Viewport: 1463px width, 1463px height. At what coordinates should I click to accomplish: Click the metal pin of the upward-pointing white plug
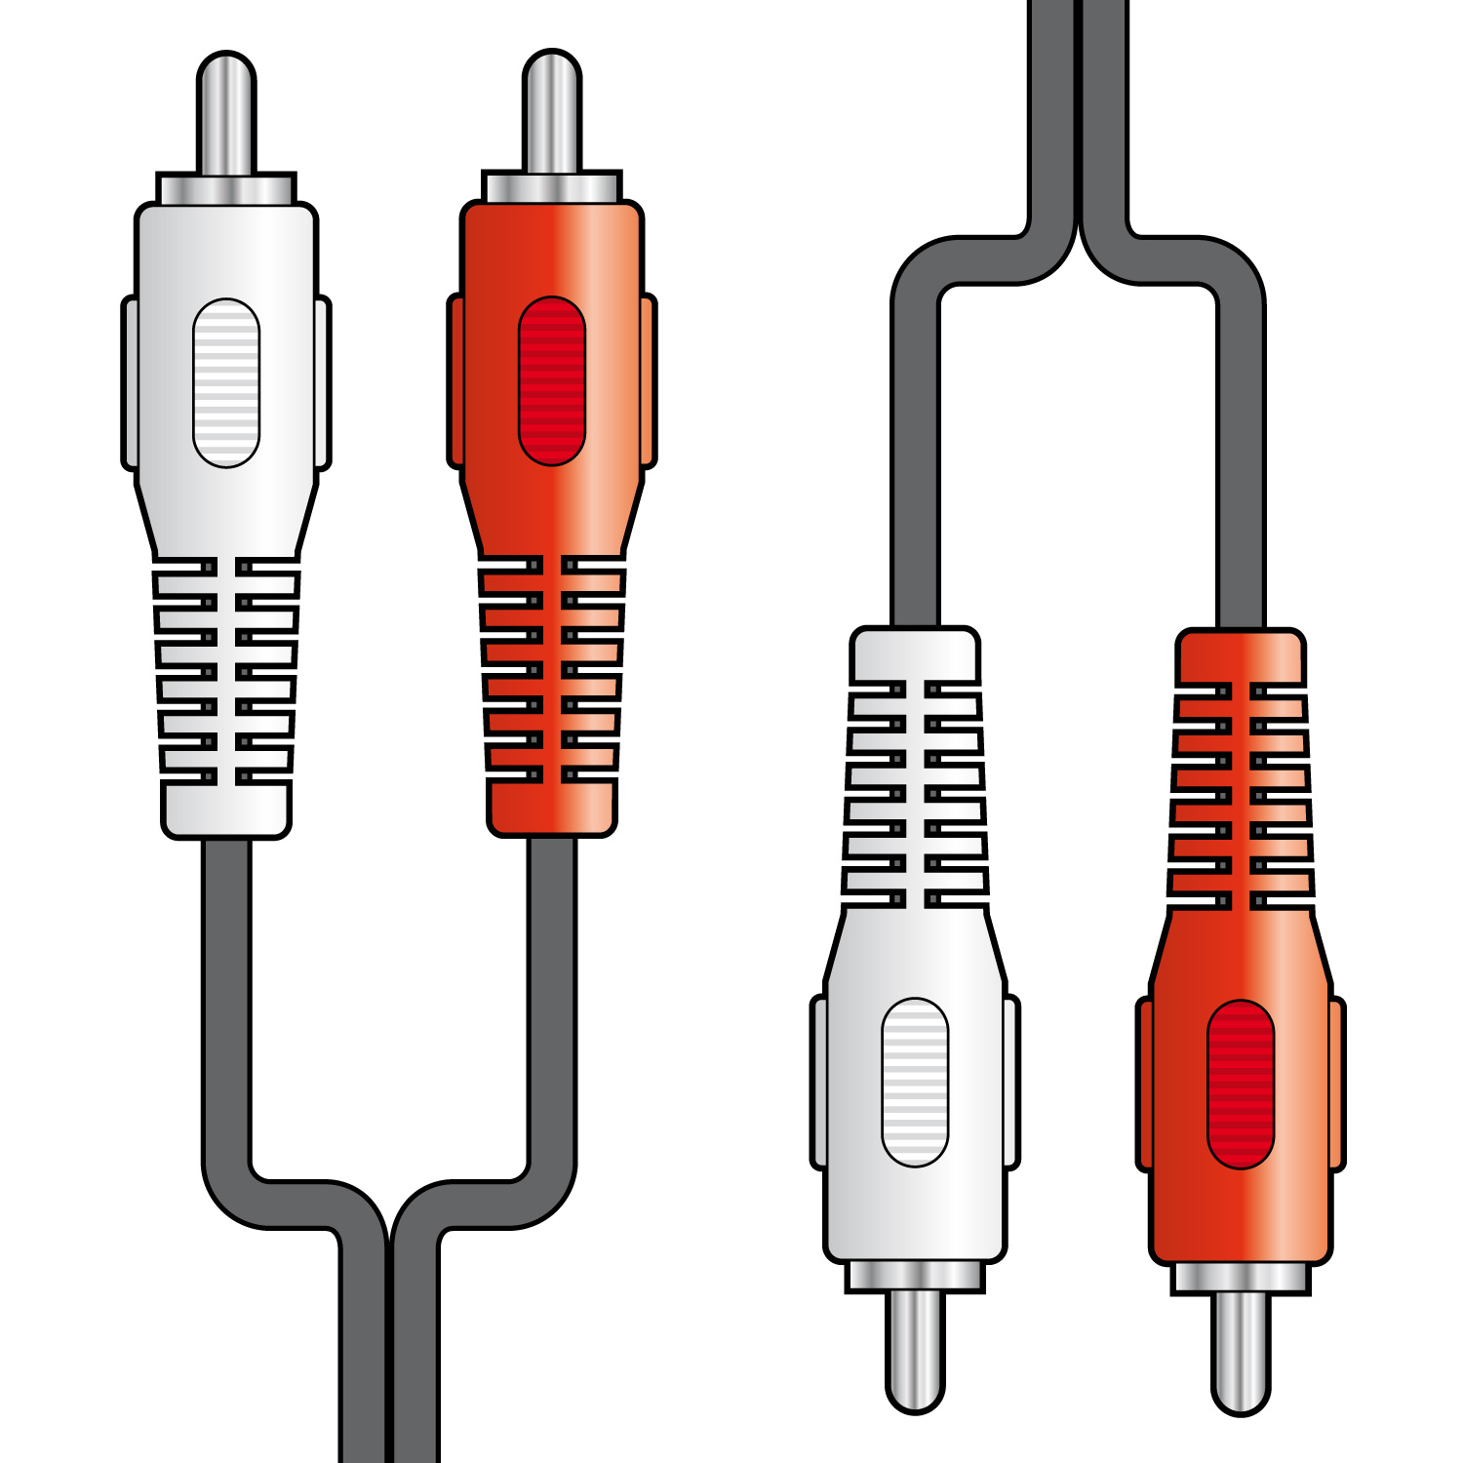(226, 115)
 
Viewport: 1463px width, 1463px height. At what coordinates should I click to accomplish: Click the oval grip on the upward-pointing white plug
(226, 383)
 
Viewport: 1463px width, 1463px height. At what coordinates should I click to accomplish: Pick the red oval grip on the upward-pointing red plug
(552, 381)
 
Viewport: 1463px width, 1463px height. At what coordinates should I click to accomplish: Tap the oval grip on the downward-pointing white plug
(915, 1082)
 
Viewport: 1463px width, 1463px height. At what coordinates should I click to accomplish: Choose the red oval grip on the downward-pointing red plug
(1241, 1084)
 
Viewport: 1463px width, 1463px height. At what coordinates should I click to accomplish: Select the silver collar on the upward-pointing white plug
(226, 189)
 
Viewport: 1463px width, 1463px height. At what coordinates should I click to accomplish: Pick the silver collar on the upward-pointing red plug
(552, 187)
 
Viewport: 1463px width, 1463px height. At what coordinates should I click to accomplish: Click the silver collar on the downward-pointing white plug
(915, 1276)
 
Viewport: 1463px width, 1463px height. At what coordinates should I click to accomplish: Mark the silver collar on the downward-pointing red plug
(1241, 1278)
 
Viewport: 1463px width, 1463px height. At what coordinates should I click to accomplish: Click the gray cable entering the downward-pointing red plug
(1241, 488)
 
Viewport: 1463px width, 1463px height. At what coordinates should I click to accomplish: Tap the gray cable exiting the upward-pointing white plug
(226, 975)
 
